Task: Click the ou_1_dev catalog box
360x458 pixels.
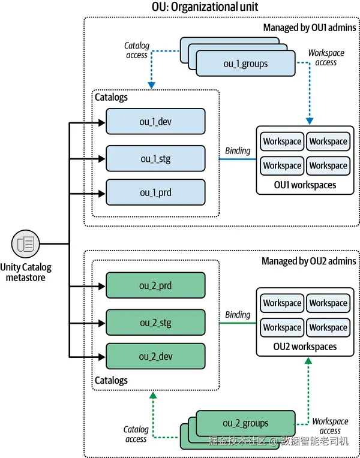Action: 155,122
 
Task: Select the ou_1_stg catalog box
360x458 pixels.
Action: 155,158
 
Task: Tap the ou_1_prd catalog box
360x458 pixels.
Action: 155,192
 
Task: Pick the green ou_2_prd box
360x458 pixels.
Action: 155,286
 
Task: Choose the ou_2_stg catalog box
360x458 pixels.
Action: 155,323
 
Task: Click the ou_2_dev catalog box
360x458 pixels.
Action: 155,357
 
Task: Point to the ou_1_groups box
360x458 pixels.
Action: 245,64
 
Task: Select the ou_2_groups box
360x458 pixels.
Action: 245,423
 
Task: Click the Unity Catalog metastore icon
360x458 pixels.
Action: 26,244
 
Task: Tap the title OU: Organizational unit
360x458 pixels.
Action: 206,8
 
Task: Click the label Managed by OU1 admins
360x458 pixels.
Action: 310,27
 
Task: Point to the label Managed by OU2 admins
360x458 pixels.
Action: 308,261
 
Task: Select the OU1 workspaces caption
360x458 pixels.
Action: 305,185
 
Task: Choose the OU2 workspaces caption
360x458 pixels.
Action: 305,346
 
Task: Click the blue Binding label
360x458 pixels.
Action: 238,150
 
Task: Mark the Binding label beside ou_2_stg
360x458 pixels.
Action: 238,315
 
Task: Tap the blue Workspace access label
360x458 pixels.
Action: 326,58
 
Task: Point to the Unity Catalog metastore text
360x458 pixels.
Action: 26,272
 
